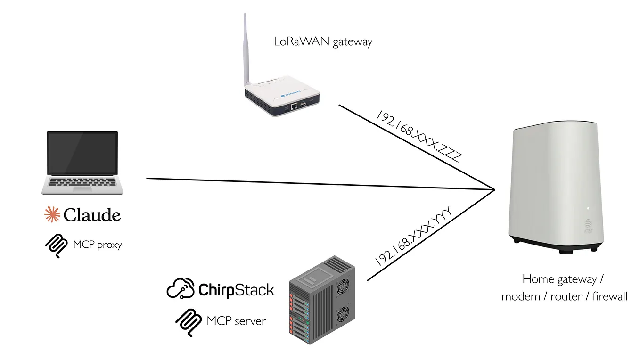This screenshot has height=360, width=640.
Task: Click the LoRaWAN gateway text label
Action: (x=323, y=42)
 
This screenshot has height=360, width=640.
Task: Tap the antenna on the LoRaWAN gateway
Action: (x=246, y=52)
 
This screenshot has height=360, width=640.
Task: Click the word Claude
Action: (x=92, y=215)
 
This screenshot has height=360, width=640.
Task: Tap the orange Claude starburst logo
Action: (x=52, y=214)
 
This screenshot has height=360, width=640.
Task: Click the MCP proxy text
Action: (x=98, y=245)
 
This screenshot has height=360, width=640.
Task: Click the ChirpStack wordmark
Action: (x=236, y=290)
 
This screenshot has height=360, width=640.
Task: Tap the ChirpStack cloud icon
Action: (x=181, y=288)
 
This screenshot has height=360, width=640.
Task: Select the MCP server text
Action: (x=236, y=321)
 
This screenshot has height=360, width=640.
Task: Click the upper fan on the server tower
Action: (x=343, y=286)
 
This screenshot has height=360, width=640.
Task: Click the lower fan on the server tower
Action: (x=343, y=316)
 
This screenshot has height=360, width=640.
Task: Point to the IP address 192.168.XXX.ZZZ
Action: (x=417, y=137)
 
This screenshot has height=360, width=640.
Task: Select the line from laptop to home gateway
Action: (x=320, y=184)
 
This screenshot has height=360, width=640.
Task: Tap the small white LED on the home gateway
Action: (x=588, y=208)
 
